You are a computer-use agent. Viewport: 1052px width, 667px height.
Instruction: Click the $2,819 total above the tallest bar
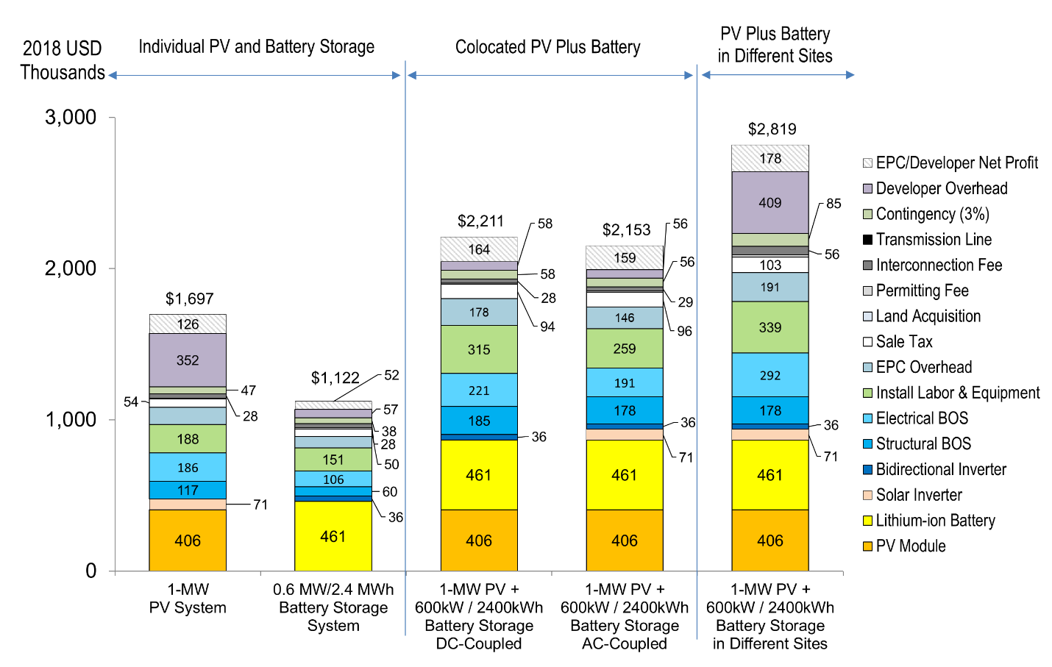772,129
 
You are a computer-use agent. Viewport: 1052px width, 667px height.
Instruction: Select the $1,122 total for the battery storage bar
335,378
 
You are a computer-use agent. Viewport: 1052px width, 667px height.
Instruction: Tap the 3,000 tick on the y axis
71,118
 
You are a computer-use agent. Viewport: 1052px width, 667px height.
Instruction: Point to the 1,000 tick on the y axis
71,420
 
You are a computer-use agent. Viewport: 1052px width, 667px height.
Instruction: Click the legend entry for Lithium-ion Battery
934,521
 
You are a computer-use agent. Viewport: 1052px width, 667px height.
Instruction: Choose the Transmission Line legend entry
933,240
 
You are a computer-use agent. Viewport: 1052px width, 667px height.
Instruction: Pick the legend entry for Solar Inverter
918,495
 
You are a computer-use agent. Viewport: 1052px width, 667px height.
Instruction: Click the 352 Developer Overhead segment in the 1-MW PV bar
188,360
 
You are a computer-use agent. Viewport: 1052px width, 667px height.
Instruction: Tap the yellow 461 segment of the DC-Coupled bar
479,475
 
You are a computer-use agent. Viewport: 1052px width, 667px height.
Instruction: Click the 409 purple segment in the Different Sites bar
770,203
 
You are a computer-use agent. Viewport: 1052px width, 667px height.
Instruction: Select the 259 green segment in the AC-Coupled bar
625,349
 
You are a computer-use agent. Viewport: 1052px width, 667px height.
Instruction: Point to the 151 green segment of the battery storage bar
333,460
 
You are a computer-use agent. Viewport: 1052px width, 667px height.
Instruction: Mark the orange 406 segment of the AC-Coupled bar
625,541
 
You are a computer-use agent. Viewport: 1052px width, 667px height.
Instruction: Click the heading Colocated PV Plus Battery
547,47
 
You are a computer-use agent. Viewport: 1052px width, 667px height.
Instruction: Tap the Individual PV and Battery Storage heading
256,47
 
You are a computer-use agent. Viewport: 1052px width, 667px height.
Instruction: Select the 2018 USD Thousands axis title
63,60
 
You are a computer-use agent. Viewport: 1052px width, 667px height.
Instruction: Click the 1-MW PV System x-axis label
188,599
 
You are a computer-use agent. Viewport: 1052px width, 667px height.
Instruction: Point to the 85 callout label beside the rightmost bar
834,204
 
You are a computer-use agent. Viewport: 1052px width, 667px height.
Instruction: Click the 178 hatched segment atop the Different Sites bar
770,159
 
